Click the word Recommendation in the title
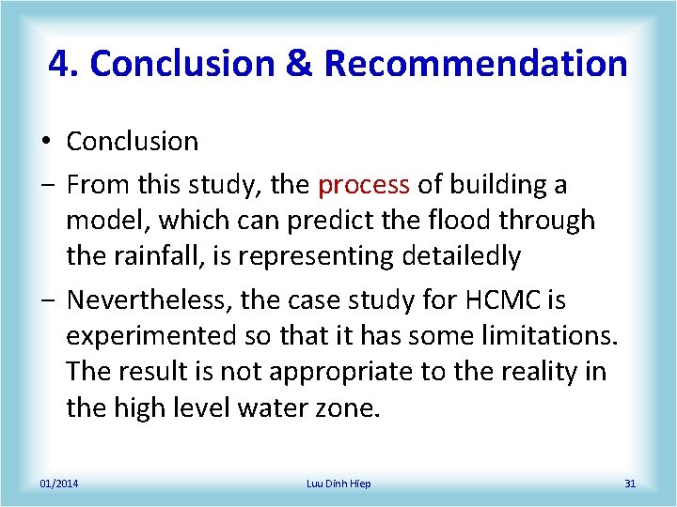pyautogui.click(x=475, y=64)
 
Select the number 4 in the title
pyautogui.click(x=58, y=64)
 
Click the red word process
pyautogui.click(x=363, y=185)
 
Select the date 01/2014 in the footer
pyautogui.click(x=58, y=484)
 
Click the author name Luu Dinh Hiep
pyautogui.click(x=338, y=484)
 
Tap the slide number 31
pyautogui.click(x=630, y=484)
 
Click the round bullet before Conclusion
pyautogui.click(x=45, y=143)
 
